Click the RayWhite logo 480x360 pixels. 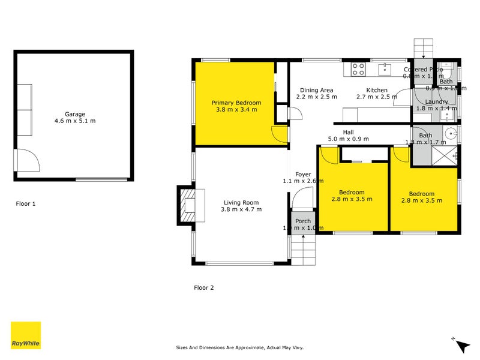click(x=26, y=335)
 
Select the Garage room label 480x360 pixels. click(x=75, y=114)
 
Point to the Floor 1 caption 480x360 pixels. click(x=26, y=204)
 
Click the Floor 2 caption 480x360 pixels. click(x=203, y=288)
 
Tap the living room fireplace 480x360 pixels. click(x=187, y=206)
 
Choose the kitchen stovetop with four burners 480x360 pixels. click(x=358, y=70)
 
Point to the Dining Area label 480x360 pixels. click(x=317, y=90)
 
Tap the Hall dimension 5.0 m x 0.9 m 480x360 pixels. click(x=348, y=139)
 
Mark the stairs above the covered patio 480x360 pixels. click(x=423, y=47)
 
